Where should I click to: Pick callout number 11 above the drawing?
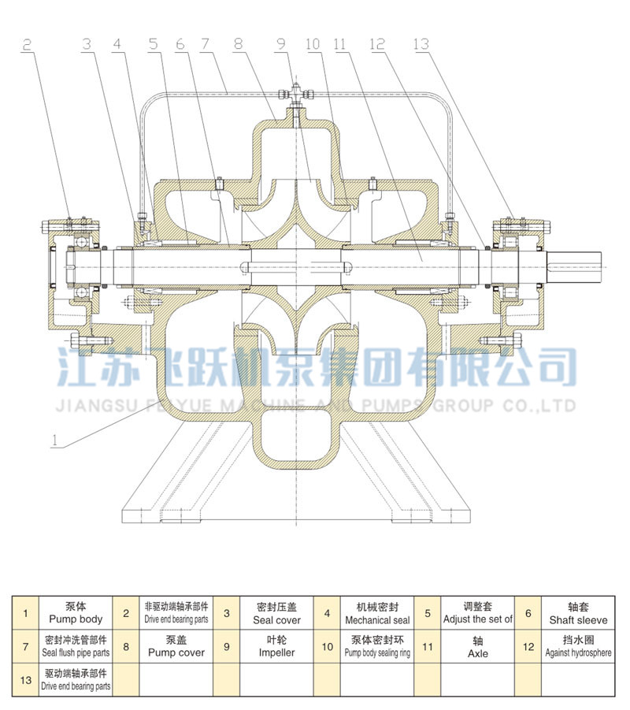(x=341, y=45)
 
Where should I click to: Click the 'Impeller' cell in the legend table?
(x=277, y=646)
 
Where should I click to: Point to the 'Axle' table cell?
(x=477, y=646)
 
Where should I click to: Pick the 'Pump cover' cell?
(x=176, y=646)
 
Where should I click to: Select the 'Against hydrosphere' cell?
(x=578, y=646)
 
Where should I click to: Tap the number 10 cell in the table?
(x=327, y=646)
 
